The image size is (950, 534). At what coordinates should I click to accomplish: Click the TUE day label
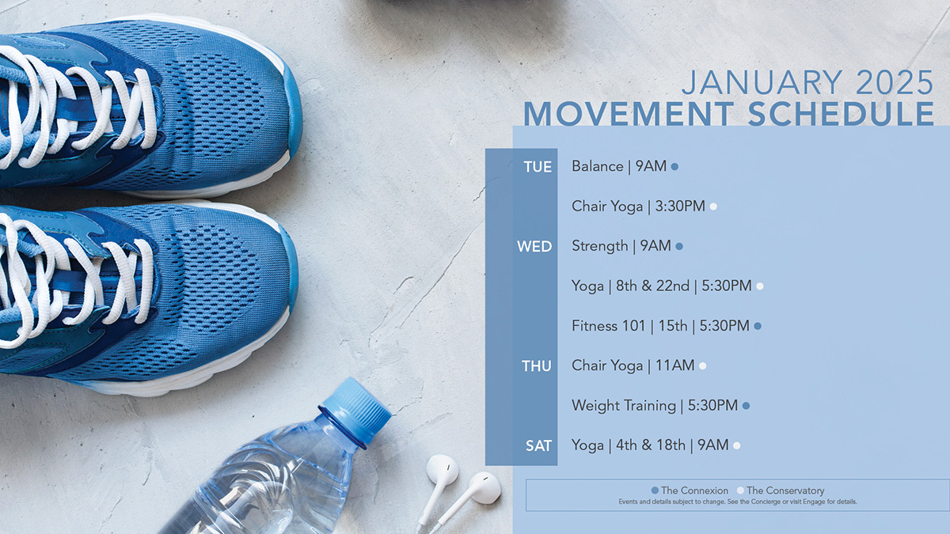pyautogui.click(x=538, y=167)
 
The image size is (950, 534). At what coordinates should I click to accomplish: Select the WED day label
pyautogui.click(x=534, y=246)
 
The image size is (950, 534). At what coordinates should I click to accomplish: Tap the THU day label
pyautogui.click(x=537, y=365)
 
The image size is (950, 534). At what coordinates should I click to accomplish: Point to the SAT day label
pyautogui.click(x=538, y=445)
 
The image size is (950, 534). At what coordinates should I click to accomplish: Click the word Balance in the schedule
pyautogui.click(x=598, y=166)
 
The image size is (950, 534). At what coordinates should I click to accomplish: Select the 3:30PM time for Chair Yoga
pyautogui.click(x=680, y=206)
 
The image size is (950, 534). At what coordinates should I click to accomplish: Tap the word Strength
pyautogui.click(x=600, y=246)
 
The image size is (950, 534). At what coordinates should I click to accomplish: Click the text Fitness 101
pyautogui.click(x=608, y=326)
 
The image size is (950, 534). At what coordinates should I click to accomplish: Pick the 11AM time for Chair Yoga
pyautogui.click(x=674, y=365)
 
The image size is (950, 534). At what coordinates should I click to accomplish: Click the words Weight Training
pyautogui.click(x=624, y=406)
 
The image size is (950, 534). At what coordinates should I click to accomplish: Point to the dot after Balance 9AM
pyautogui.click(x=674, y=167)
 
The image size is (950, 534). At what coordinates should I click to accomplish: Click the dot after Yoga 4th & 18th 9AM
pyautogui.click(x=737, y=446)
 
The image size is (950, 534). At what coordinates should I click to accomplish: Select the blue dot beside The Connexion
pyautogui.click(x=655, y=490)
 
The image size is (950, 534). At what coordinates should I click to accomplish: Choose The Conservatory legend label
pyautogui.click(x=785, y=490)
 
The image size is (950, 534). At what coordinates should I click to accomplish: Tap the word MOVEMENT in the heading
pyautogui.click(x=629, y=113)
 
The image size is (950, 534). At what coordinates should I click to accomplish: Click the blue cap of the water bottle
pyautogui.click(x=355, y=411)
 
